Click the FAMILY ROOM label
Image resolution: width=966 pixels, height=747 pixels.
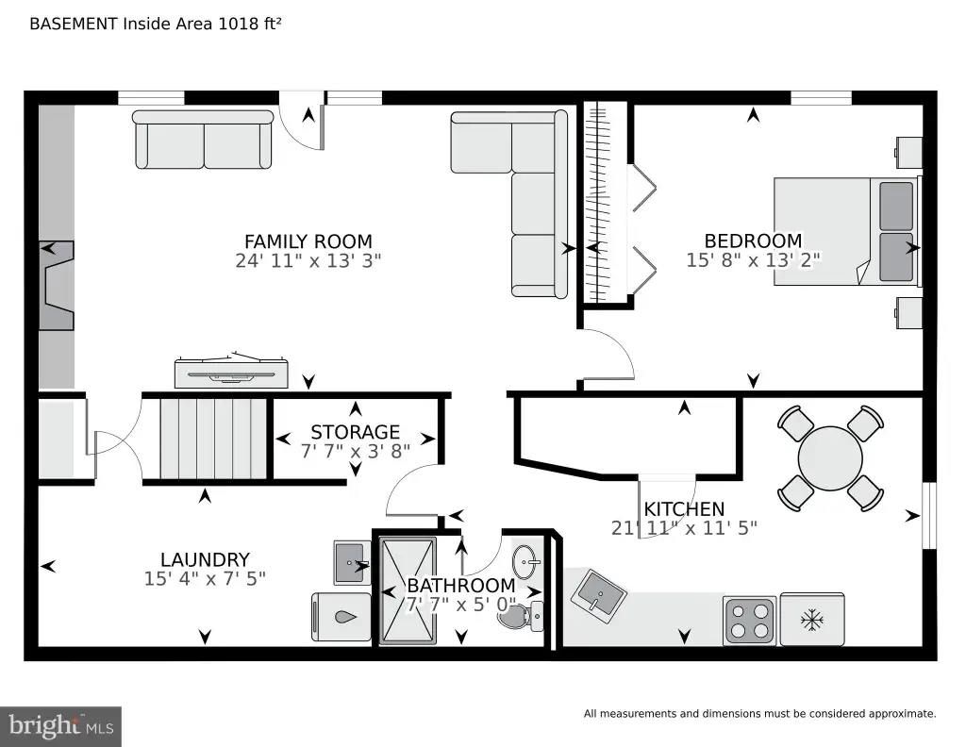click(308, 241)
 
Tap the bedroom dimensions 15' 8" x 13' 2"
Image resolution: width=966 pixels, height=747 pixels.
click(753, 260)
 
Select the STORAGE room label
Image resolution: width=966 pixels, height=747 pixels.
click(356, 432)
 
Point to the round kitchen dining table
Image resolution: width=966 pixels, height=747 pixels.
click(830, 458)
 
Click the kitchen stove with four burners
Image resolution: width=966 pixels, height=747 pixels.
click(749, 620)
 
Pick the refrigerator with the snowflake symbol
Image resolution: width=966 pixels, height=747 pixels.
click(812, 620)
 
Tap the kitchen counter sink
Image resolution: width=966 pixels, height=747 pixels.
click(598, 592)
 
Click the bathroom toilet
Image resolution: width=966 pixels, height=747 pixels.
click(521, 615)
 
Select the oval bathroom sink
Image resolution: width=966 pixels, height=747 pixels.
click(525, 562)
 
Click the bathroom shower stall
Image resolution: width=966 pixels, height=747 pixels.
click(408, 590)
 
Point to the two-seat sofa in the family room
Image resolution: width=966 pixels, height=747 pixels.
click(203, 140)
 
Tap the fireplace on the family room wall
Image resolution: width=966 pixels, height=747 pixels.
click(57, 285)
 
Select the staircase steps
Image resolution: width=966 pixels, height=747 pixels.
click(213, 439)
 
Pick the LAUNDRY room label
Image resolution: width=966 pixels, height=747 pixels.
click(205, 560)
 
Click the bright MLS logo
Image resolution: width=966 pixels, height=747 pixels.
click(61, 726)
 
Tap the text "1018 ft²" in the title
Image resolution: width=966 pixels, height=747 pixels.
click(249, 24)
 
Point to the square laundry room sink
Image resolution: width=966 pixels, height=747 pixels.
click(353, 562)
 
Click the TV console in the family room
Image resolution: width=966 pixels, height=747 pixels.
click(232, 371)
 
